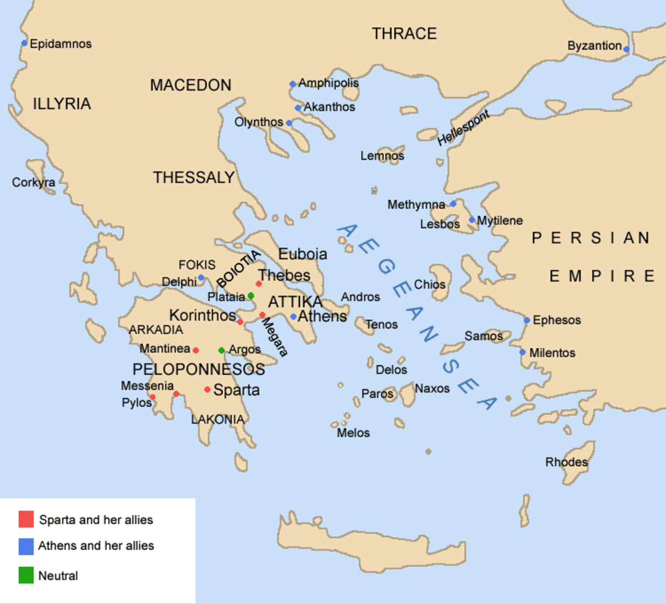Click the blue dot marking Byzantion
[626, 49]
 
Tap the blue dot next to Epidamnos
[24, 43]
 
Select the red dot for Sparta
[207, 390]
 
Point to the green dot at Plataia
[251, 296]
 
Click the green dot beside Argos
[221, 350]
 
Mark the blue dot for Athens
[293, 317]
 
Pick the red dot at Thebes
[259, 284]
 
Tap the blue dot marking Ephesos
[527, 320]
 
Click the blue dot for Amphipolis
[292, 84]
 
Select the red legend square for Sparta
[26, 519]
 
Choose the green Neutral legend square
[26, 575]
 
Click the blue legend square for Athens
[26, 546]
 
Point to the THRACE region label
[404, 34]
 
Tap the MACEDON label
[190, 85]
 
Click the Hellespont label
[463, 128]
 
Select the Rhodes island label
[566, 462]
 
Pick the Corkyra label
[33, 182]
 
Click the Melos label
[353, 432]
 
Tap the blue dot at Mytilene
[472, 220]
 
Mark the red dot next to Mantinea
[195, 350]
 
